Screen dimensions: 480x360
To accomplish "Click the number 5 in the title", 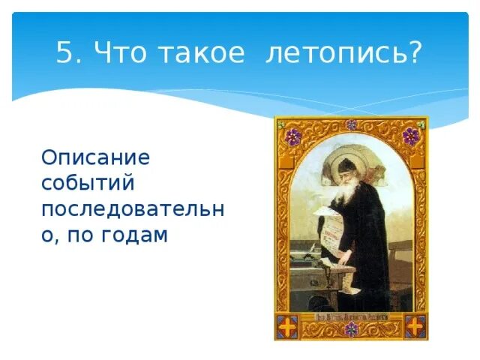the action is pos(65,52).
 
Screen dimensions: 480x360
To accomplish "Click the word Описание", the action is pos(95,157).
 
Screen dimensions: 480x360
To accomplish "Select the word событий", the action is pos(88,182).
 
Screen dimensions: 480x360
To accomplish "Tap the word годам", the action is pos(134,235).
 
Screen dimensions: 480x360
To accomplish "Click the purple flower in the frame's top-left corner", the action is pos(293,136).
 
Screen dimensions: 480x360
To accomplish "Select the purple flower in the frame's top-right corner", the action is pos(410,136).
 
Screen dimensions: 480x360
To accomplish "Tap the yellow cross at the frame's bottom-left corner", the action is pos(287,326).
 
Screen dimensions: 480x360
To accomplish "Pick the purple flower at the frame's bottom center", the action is pos(351,329).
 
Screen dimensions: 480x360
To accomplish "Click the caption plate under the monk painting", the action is pos(351,317).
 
